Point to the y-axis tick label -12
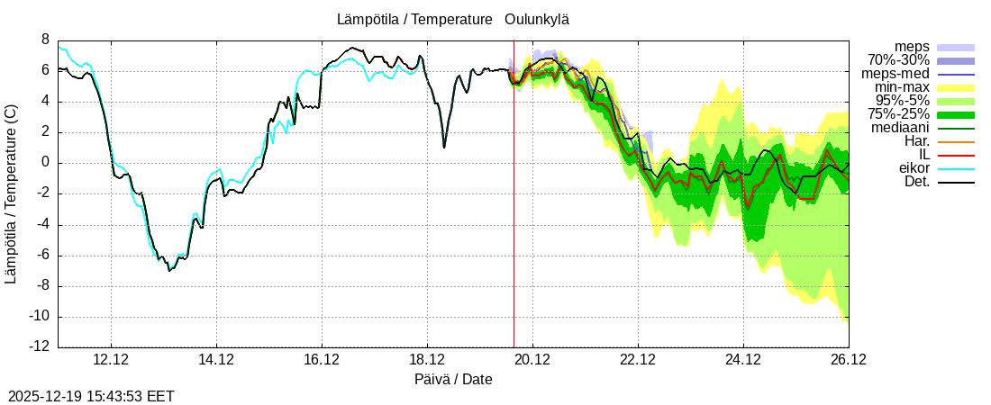pyautogui.click(x=39, y=347)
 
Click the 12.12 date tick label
pyautogui.click(x=111, y=359)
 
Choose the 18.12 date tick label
pyautogui.click(x=427, y=359)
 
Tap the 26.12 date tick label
pyautogui.click(x=849, y=359)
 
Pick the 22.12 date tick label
pyautogui.click(x=638, y=359)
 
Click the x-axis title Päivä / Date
pyautogui.click(x=454, y=379)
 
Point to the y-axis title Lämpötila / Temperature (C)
pyautogui.click(x=11, y=193)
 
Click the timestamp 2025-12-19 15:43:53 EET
pyautogui.click(x=91, y=396)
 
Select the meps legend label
pyautogui.click(x=912, y=47)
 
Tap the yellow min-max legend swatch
pyautogui.click(x=956, y=87)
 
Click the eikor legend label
pyautogui.click(x=914, y=168)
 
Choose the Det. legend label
pyautogui.click(x=916, y=182)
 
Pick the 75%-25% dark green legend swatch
pyautogui.click(x=956, y=114)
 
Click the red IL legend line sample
pyautogui.click(x=956, y=155)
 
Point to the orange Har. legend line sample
pyautogui.click(x=956, y=141)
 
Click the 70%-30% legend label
pyautogui.click(x=898, y=60)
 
